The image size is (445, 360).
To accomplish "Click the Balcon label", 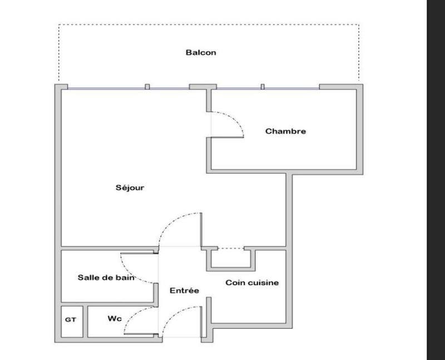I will (x=200, y=53).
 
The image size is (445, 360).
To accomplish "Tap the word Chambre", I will (x=285, y=131).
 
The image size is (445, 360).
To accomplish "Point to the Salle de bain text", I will (x=106, y=277).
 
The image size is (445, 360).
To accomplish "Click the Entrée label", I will (x=185, y=290).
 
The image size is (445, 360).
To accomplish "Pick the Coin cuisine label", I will (x=252, y=283).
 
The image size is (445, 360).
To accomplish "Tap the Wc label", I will (x=115, y=319).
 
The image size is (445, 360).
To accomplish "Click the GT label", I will (x=71, y=320).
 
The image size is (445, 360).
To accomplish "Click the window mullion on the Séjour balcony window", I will (x=147, y=86).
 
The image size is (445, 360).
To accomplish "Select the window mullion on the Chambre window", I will (x=263, y=86).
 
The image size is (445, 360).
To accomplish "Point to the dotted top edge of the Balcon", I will (x=209, y=25).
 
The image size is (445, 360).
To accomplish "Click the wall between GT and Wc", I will (x=86, y=321).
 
